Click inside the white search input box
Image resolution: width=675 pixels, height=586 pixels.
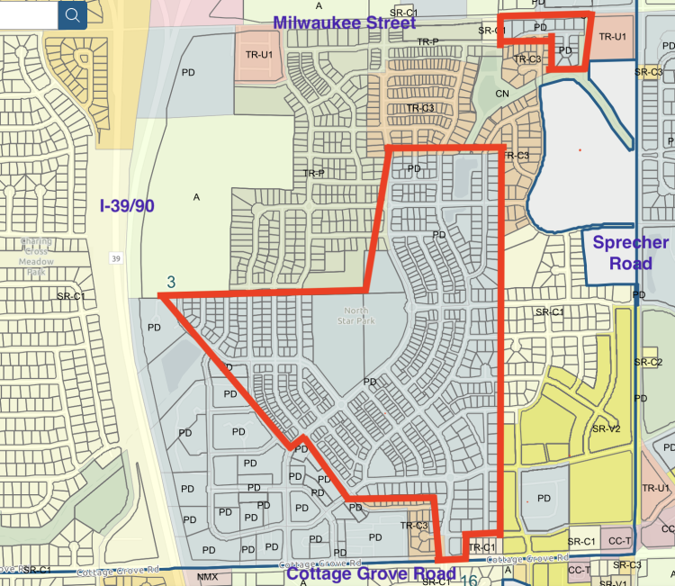27,14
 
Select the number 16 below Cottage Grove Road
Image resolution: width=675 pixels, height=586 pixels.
469,581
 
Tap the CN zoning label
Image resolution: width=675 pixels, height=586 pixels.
502,93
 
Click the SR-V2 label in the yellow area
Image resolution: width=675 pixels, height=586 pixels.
606,429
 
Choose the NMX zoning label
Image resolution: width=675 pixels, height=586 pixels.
207,576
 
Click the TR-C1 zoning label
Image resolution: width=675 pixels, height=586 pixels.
482,547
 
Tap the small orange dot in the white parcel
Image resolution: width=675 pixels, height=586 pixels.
580,149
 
